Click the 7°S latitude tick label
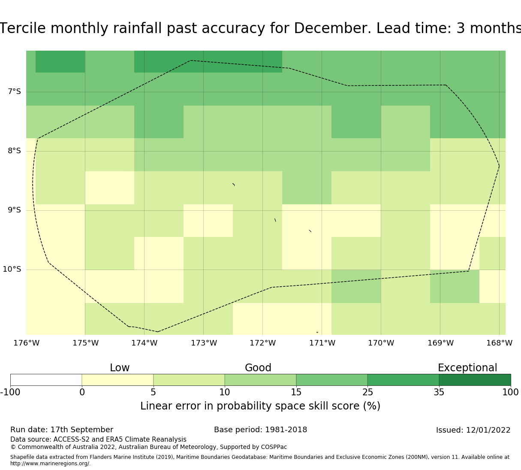(x=14, y=92)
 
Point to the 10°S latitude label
(x=12, y=270)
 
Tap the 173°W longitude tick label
(x=204, y=343)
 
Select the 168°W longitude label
(x=499, y=343)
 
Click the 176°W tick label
(x=27, y=343)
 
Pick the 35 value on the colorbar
(x=439, y=392)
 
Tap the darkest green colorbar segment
(x=475, y=380)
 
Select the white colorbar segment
(x=46, y=380)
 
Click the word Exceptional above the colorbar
(x=467, y=368)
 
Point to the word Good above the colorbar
(x=258, y=368)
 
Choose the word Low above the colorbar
(x=120, y=368)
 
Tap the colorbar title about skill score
(x=260, y=406)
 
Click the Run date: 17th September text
(x=62, y=430)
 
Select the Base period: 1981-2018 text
(x=260, y=430)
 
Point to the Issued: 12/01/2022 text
(x=473, y=430)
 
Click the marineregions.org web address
(x=50, y=464)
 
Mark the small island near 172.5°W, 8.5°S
(x=234, y=185)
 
